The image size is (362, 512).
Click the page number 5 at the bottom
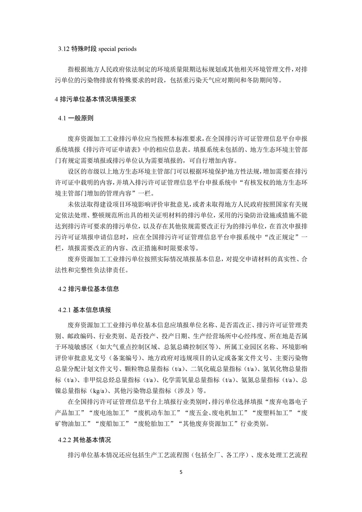[x=181, y=472]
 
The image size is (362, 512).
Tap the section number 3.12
[x=64, y=49]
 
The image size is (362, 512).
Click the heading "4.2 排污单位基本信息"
[x=88, y=289]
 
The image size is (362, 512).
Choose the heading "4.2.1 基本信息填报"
[x=84, y=310]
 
